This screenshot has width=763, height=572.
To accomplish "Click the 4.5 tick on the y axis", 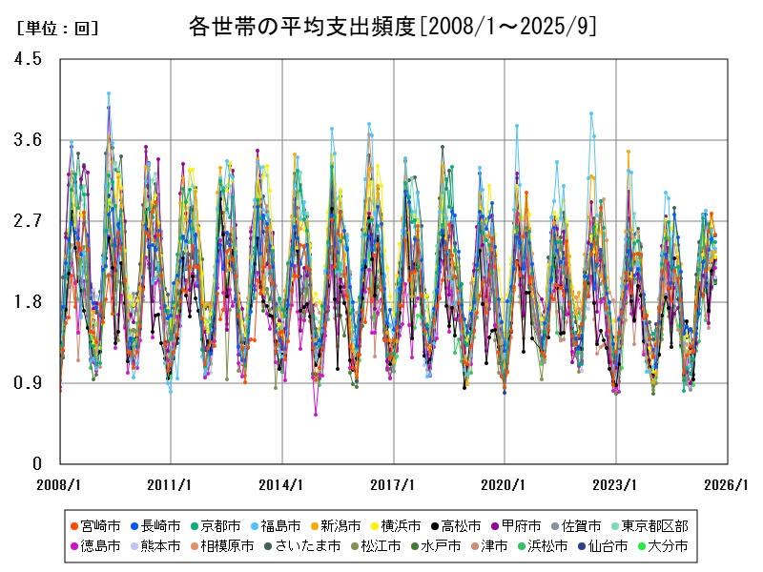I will click(x=29, y=59).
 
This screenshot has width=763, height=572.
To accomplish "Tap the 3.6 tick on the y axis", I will click(x=29, y=140).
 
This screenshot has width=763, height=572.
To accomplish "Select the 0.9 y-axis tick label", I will click(x=29, y=383).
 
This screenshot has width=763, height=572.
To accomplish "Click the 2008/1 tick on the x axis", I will click(x=60, y=484).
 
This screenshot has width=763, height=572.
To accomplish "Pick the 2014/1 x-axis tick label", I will click(x=282, y=484).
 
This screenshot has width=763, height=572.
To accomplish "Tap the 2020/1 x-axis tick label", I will click(x=505, y=484).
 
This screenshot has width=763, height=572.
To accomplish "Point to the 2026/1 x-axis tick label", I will click(x=727, y=484).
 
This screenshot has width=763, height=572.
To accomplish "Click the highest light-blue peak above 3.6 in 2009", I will click(x=109, y=93).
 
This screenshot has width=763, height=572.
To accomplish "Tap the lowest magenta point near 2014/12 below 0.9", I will click(x=316, y=414).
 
